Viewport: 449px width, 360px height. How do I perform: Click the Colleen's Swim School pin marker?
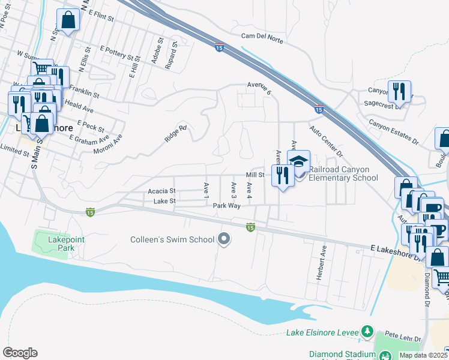(x=224, y=239)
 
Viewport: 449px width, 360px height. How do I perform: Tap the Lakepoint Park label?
(x=51, y=244)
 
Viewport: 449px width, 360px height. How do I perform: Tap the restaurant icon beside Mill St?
(x=280, y=175)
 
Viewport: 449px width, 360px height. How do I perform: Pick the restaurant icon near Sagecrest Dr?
(x=399, y=92)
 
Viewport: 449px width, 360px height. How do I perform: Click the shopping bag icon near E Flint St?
(x=68, y=20)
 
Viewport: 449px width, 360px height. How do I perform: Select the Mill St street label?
(x=255, y=175)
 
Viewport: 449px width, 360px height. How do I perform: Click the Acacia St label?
(x=161, y=191)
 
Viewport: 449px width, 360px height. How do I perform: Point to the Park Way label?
(x=226, y=205)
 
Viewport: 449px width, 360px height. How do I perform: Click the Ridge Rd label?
(x=176, y=133)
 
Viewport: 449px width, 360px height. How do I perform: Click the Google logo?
(x=20, y=353)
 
